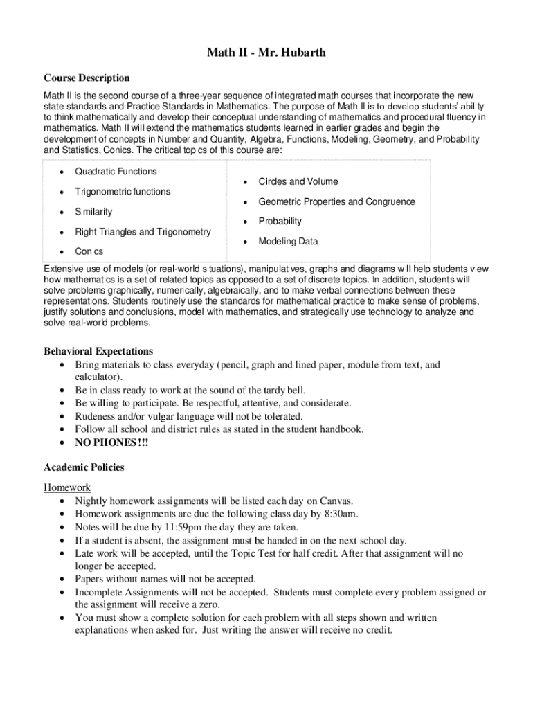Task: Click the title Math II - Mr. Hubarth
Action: pyautogui.click(x=266, y=53)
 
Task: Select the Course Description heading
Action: pyautogui.click(x=87, y=78)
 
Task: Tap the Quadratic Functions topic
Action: pyautogui.click(x=116, y=172)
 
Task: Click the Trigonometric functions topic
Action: pyautogui.click(x=123, y=192)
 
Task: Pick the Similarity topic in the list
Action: pyautogui.click(x=93, y=212)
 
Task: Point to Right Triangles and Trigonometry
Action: pyautogui.click(x=143, y=232)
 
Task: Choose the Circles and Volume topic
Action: pyautogui.click(x=298, y=182)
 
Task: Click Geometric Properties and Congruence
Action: pyautogui.click(x=336, y=202)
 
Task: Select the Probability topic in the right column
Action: pyautogui.click(x=280, y=222)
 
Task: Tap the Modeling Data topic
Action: pyautogui.click(x=288, y=242)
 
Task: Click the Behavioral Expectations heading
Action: pyautogui.click(x=98, y=351)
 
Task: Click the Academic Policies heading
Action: pyautogui.click(x=84, y=467)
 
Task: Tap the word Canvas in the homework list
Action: pyautogui.click(x=336, y=501)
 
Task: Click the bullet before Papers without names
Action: pyautogui.click(x=64, y=580)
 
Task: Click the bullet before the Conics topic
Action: pyautogui.click(x=64, y=252)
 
